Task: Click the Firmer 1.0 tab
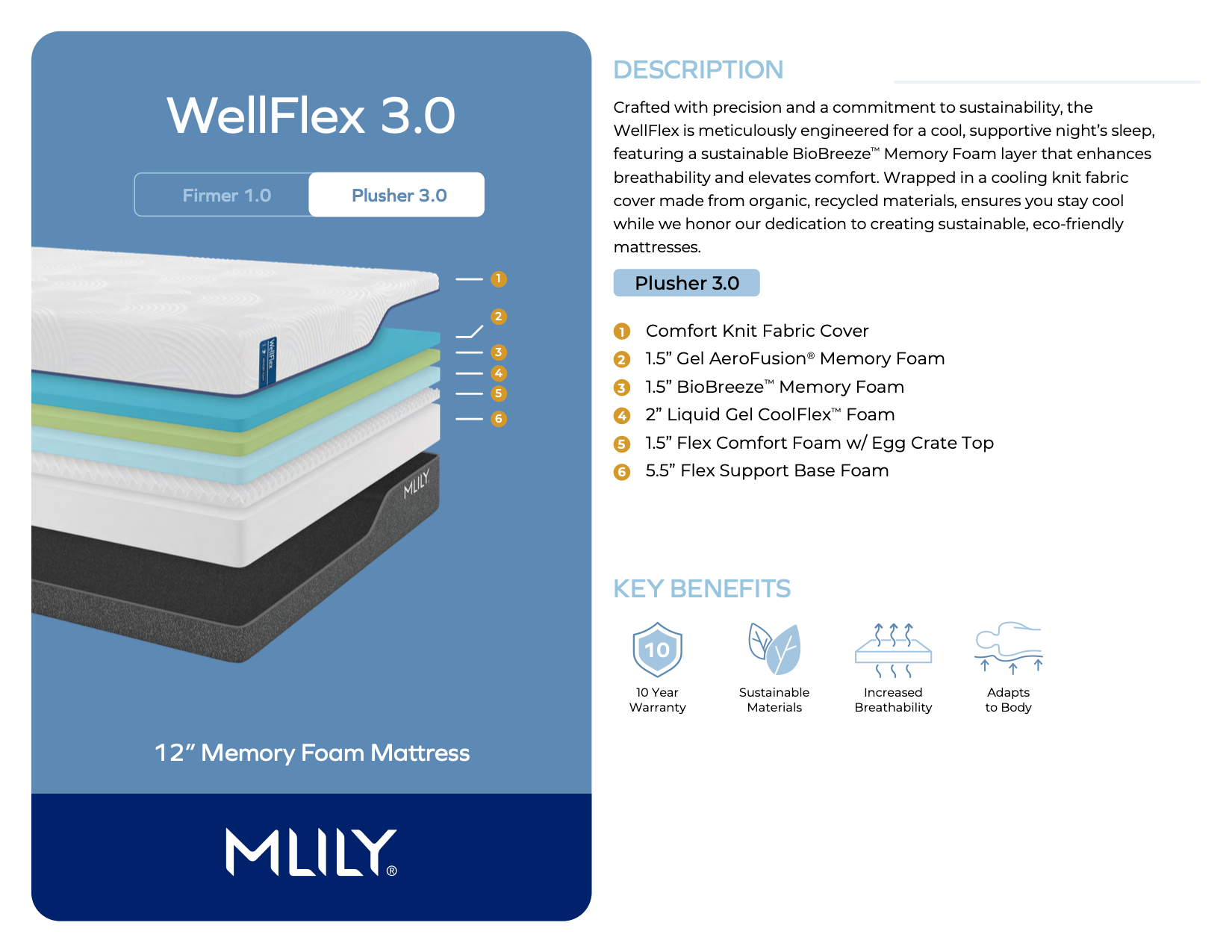(226, 195)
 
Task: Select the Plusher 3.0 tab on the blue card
(397, 195)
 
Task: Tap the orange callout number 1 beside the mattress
(498, 279)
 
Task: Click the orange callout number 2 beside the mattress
(498, 317)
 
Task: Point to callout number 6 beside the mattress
(498, 419)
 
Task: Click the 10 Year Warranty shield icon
(657, 649)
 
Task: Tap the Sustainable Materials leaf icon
(774, 649)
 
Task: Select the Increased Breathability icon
(893, 650)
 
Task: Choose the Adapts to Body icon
(1009, 647)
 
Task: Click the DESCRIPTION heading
(698, 69)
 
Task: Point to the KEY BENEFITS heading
(702, 588)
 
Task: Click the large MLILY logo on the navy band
(311, 852)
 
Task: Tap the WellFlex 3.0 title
(311, 115)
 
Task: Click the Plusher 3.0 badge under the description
(687, 283)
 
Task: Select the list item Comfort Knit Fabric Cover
(757, 331)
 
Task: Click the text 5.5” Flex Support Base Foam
(767, 470)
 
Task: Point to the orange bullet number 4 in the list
(622, 416)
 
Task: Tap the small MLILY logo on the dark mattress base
(417, 484)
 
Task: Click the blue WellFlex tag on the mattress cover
(267, 362)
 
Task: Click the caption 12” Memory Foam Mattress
(312, 753)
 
